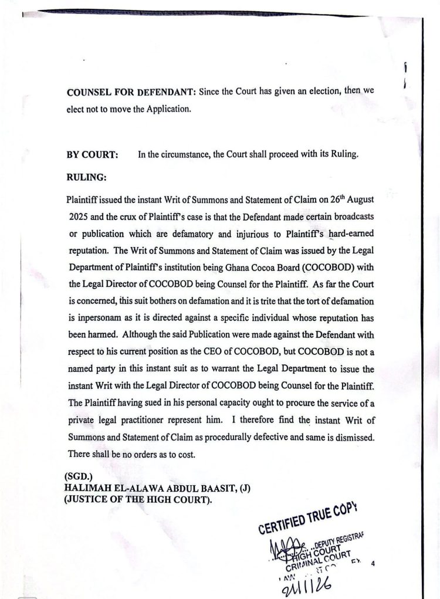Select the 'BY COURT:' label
(93, 155)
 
